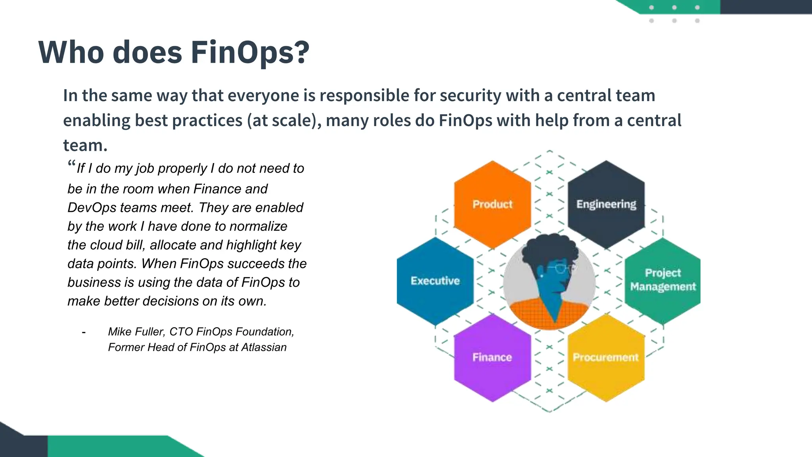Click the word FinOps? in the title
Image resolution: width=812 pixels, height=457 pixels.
(x=250, y=52)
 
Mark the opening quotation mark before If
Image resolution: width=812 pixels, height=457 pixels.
(x=71, y=164)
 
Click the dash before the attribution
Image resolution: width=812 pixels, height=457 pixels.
(x=84, y=332)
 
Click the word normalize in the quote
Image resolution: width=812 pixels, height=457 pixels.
(x=258, y=226)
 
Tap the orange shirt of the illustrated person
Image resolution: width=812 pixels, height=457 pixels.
(x=527, y=313)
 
